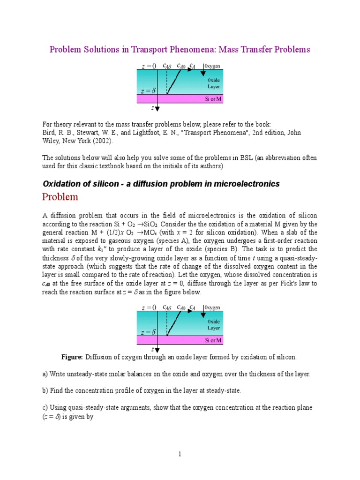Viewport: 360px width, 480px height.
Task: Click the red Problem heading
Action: click(60, 197)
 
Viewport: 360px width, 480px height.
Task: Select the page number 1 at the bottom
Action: click(180, 454)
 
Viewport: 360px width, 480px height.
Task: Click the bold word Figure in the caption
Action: click(72, 357)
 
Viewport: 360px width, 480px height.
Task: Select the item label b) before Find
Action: click(45, 390)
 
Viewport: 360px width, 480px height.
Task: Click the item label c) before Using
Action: click(45, 407)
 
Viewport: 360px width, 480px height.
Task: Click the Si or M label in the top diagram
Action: click(213, 99)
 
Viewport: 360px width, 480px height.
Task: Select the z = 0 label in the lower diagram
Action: click(149, 307)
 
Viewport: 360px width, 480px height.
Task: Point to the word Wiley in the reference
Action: click(52, 141)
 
